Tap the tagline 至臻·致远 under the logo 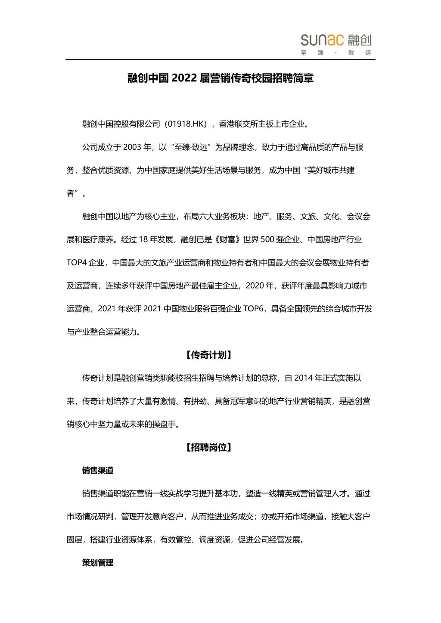pos(336,53)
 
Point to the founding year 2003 pos(132,147)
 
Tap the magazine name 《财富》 pos(228,239)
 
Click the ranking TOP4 pos(77,263)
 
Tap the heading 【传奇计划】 pos(209,355)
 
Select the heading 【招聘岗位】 pos(209,447)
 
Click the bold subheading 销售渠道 pos(98,471)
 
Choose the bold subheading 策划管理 pos(98,563)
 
